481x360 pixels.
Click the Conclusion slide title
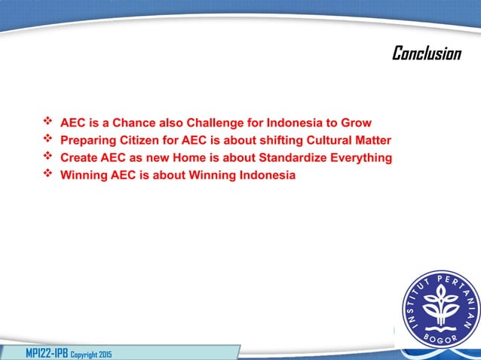tap(426, 53)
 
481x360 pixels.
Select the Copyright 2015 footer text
tap(90, 353)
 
